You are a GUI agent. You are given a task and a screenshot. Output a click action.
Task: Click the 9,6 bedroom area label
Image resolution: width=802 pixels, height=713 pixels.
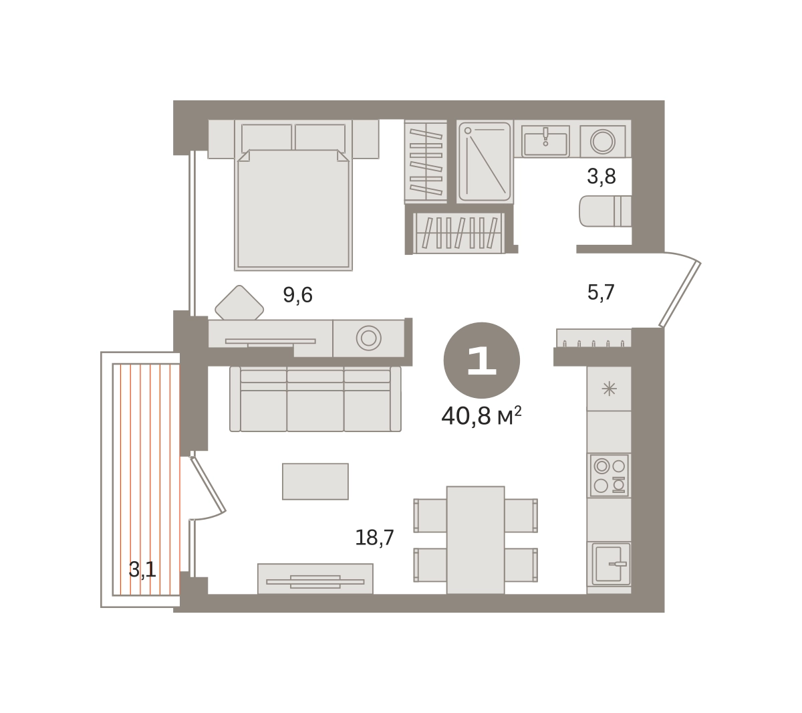point(297,295)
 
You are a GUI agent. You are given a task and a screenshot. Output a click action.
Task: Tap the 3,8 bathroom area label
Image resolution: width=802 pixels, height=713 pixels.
point(601,177)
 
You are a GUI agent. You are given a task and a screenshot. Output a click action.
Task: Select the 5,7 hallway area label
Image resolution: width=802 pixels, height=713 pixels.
point(601,293)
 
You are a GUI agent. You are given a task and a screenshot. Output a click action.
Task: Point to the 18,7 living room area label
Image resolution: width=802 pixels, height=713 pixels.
point(374,538)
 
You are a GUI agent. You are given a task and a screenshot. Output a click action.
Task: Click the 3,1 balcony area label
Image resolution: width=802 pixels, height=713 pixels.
point(142,570)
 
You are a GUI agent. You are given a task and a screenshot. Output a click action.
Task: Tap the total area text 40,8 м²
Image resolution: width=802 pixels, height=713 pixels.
point(481,416)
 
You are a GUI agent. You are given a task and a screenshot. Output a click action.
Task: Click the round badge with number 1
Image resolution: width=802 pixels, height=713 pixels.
point(481,361)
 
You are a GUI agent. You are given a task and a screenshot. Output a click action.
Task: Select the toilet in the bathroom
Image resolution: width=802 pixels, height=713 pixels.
point(605,211)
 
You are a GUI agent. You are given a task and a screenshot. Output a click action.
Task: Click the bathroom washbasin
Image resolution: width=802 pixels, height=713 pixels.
point(545,141)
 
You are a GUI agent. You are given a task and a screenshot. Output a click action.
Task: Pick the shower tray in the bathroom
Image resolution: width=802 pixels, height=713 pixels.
point(485,162)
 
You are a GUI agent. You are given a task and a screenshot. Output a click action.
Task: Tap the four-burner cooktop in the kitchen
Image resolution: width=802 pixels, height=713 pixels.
point(610,476)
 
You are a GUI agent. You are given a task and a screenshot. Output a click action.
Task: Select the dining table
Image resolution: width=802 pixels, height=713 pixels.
point(475,540)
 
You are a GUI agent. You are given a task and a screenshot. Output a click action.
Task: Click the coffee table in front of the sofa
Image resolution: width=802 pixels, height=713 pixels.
point(315,482)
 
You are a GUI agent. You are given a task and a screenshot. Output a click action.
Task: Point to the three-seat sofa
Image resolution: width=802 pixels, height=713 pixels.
point(315,399)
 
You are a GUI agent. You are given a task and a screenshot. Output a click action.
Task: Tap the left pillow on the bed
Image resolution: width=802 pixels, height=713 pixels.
point(267,137)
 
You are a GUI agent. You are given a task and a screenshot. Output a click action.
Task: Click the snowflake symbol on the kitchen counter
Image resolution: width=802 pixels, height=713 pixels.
point(609,389)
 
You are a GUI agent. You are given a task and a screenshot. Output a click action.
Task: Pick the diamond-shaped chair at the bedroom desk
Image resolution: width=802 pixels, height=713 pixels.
point(239,303)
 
